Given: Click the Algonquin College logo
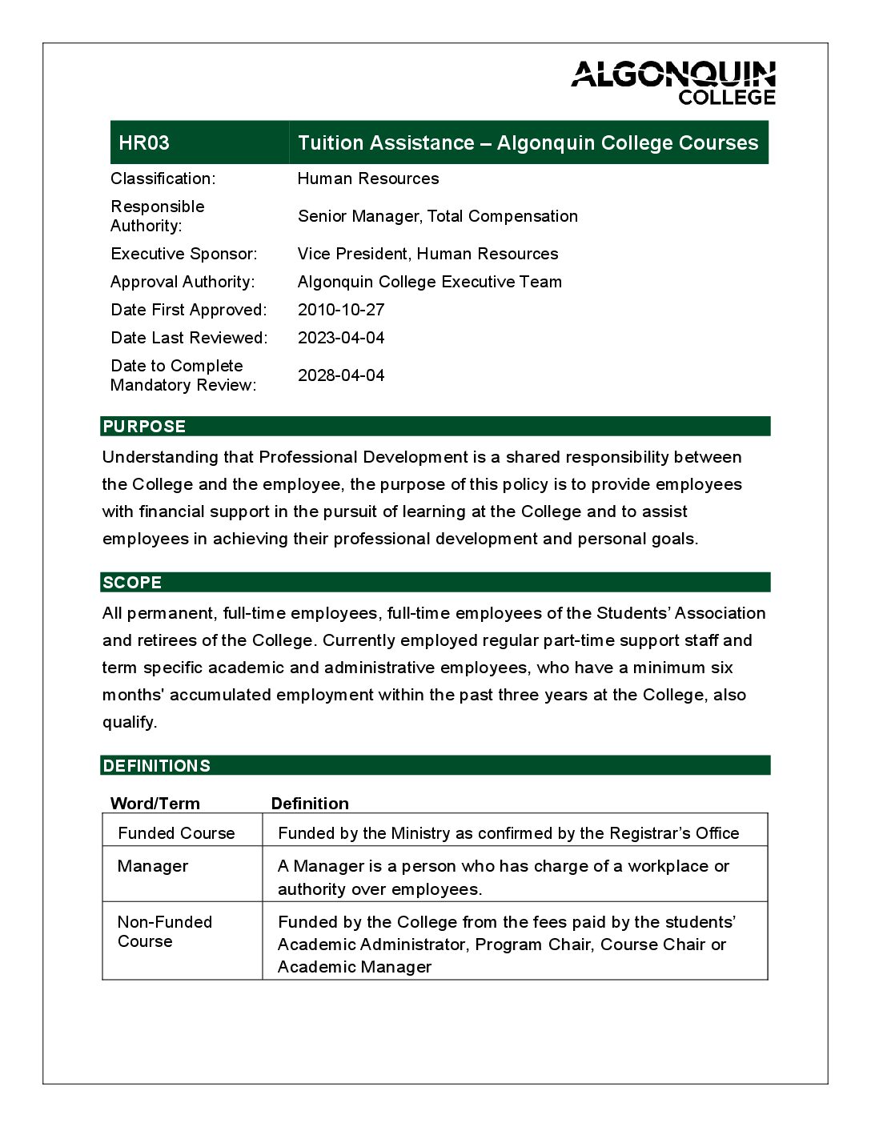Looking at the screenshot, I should tap(673, 83).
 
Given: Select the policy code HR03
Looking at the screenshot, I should tap(144, 143).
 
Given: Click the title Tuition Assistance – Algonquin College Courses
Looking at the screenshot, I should tap(528, 143).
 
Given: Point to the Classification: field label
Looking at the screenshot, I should tap(163, 178).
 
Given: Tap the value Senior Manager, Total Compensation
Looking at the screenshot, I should tap(437, 216).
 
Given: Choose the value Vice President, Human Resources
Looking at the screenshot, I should tap(427, 254).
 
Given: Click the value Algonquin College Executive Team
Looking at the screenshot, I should tap(429, 282).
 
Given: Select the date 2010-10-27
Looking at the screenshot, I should tap(341, 310).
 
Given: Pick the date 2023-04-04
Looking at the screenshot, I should tap(341, 338).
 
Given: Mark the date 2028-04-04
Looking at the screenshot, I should tap(341, 375).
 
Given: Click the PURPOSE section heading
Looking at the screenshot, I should tap(144, 427).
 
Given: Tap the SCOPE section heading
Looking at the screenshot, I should tap(132, 583).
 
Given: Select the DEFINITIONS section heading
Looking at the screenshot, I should tap(157, 766).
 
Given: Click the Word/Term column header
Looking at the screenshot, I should tap(155, 804).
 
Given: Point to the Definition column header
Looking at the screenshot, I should tap(310, 804).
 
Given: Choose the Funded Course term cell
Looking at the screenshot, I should tap(176, 833).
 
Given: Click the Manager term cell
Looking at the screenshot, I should tap(153, 866).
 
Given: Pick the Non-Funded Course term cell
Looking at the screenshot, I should tap(164, 932).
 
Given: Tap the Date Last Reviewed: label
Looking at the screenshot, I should tap(189, 338).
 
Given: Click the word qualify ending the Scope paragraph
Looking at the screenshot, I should tap(128, 722).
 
